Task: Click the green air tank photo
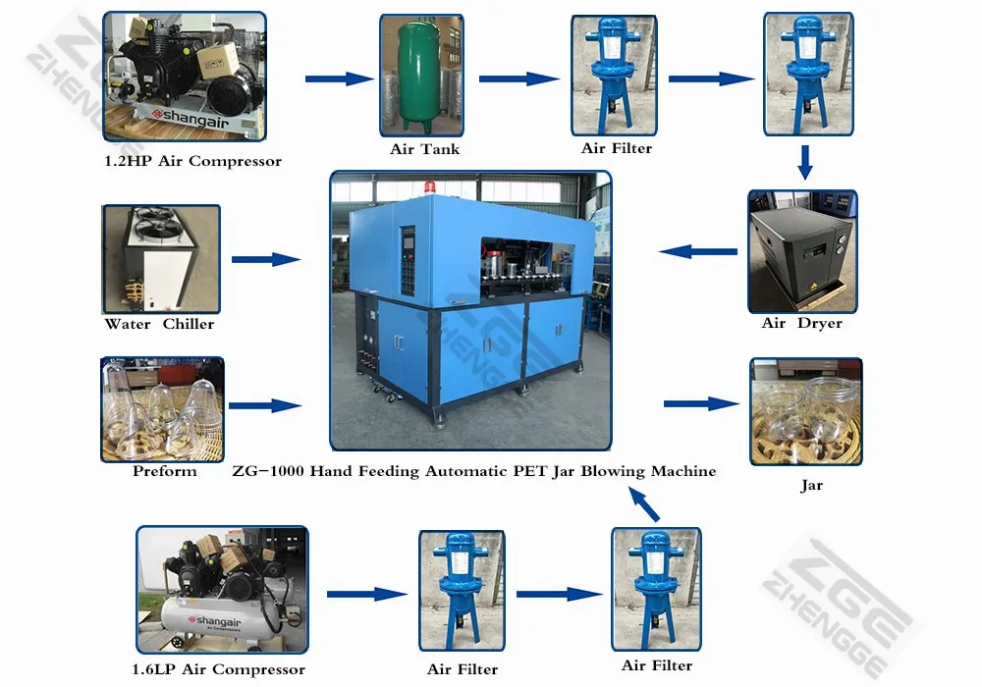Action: pos(423,75)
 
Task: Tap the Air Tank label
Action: pos(424,149)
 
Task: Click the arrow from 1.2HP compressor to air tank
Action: pos(339,79)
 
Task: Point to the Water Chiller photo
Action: pos(161,259)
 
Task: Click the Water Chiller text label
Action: pos(159,324)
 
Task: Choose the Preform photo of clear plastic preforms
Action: pos(162,408)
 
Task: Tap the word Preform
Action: pos(165,471)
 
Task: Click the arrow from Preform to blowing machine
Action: pos(264,404)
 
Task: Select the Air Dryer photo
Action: pos(802,251)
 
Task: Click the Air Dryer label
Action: pos(801,323)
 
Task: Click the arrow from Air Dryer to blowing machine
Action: pos(698,252)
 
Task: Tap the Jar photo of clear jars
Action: pos(806,411)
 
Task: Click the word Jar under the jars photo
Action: pos(811,485)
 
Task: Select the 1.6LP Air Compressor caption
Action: pos(218,669)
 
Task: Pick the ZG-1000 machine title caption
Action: pos(473,471)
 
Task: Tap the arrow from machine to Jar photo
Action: pos(700,403)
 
